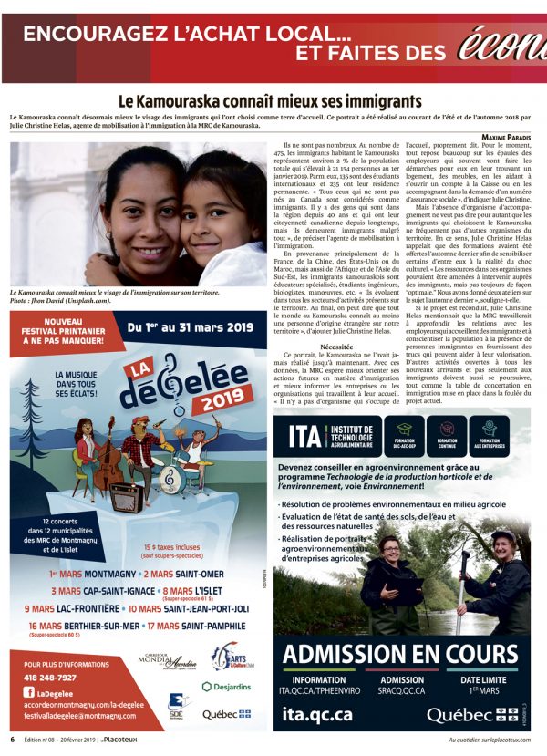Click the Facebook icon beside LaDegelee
[30, 693]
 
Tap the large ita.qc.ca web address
[317, 716]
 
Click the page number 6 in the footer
[13, 740]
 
